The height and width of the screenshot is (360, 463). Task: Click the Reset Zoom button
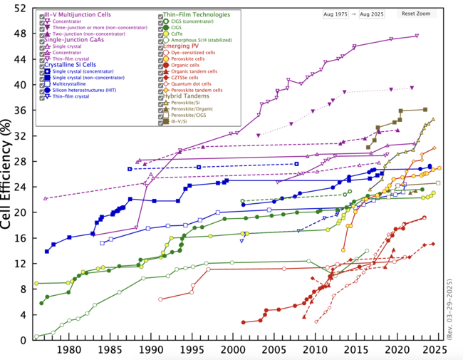[x=416, y=14]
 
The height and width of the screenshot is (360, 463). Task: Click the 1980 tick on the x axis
[x=69, y=349]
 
